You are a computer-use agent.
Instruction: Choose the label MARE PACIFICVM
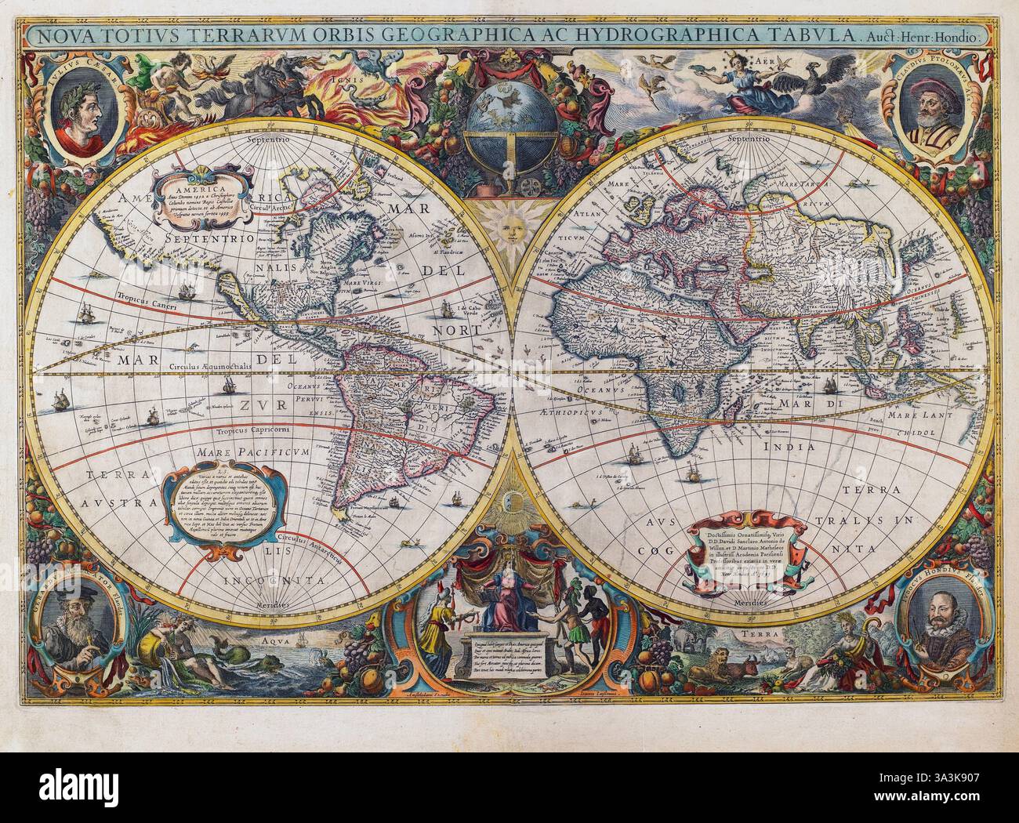pos(246,452)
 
